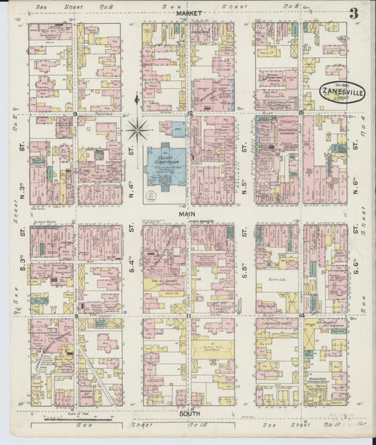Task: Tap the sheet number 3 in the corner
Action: (x=352, y=13)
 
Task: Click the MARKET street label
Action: (x=189, y=13)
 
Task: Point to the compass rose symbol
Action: (x=137, y=130)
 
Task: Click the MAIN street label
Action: (x=187, y=213)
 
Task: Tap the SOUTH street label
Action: (x=189, y=413)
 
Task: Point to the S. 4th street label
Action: (x=131, y=255)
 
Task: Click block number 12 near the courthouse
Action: (x=190, y=113)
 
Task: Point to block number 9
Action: (x=74, y=113)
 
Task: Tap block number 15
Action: (x=301, y=113)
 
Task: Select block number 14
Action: (x=301, y=315)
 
